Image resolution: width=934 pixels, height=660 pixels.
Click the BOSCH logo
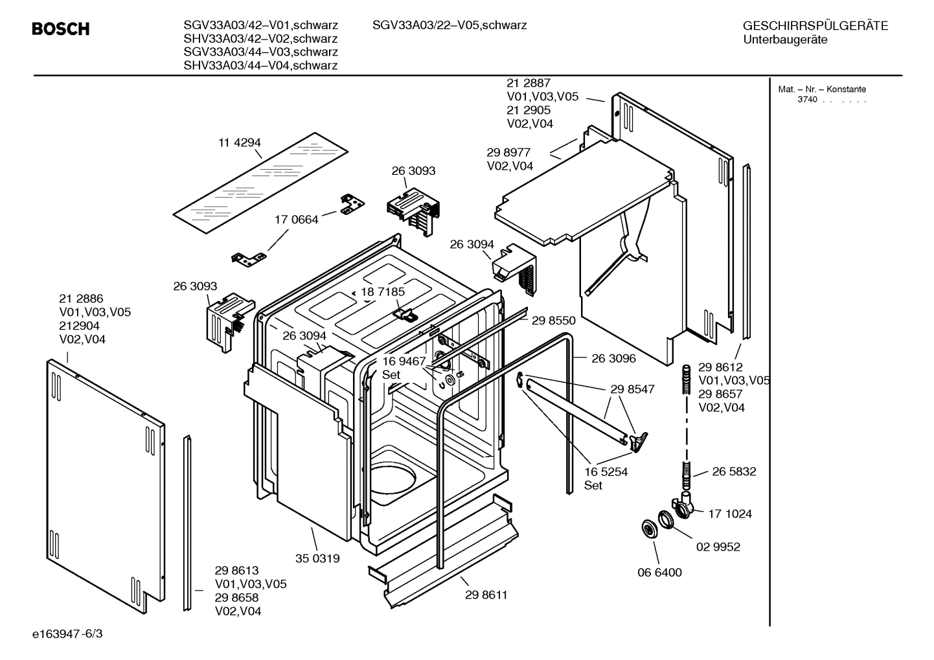tap(61, 29)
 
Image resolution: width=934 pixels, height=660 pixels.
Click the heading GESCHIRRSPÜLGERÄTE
tap(815, 26)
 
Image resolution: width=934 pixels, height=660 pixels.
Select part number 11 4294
tap(240, 142)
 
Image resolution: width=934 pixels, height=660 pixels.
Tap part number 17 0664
tap(297, 220)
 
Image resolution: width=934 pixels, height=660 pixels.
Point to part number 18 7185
tap(383, 292)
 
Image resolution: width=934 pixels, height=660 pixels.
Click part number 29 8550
tap(554, 321)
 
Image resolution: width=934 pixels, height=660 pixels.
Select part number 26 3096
tap(613, 358)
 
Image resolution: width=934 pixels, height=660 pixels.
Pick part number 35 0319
tap(317, 558)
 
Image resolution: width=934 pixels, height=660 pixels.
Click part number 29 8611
tap(486, 595)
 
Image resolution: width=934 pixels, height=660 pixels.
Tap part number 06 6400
tap(659, 573)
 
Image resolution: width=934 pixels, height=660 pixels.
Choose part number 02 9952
tap(718, 547)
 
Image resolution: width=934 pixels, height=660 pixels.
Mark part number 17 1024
tap(730, 514)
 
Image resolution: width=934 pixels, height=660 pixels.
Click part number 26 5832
tap(734, 472)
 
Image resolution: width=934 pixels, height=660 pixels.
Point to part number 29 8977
tap(508, 152)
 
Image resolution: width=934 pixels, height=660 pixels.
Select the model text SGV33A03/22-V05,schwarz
tap(450, 25)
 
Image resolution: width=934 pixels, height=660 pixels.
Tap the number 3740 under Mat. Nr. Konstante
tap(807, 100)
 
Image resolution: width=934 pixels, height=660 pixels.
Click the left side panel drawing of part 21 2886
tap(104, 486)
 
